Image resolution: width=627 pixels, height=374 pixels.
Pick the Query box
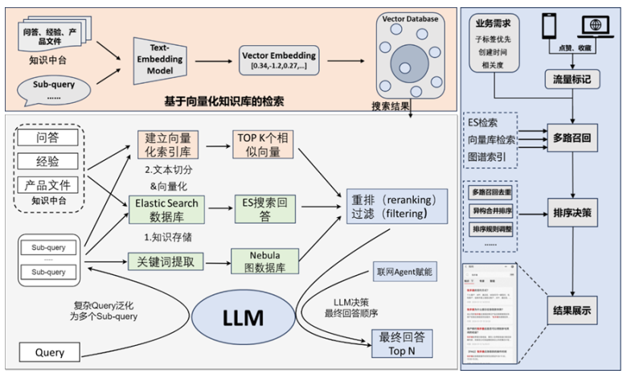[x=49, y=352]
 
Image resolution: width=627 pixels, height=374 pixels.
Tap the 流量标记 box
[x=571, y=80]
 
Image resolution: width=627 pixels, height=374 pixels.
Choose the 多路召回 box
[x=572, y=139]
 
